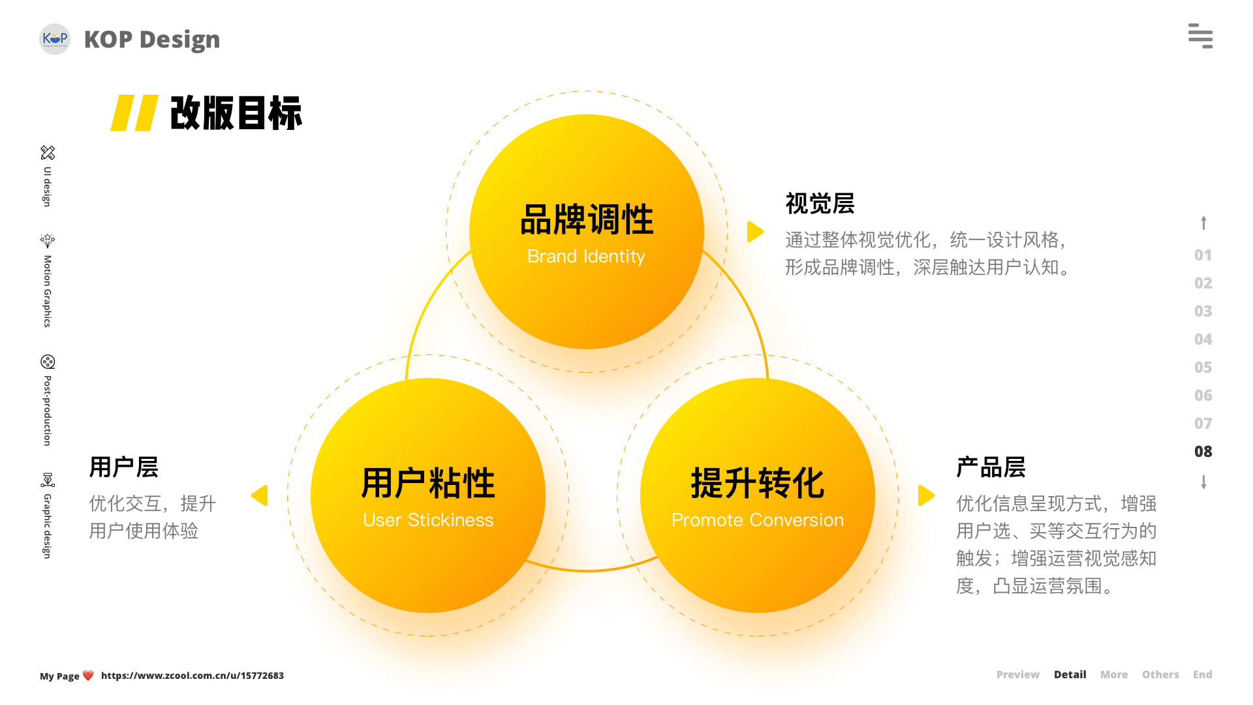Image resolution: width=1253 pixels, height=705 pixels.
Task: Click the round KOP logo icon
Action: [55, 39]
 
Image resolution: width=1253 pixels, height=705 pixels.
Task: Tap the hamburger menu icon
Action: [1200, 36]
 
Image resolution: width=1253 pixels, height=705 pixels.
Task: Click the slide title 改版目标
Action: [236, 113]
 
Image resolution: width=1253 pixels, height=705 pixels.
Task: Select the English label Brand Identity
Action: [586, 257]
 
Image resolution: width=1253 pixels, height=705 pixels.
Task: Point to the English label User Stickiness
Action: [428, 520]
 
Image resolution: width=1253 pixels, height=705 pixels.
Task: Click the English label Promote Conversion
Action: [757, 520]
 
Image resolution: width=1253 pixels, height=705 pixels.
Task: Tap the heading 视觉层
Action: [820, 204]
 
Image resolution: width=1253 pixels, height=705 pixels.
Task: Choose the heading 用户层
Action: [124, 467]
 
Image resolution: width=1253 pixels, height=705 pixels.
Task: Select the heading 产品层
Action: [991, 467]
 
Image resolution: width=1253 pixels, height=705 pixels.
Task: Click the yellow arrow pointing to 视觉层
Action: [755, 232]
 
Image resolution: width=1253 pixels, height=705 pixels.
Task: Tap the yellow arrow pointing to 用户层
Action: [260, 495]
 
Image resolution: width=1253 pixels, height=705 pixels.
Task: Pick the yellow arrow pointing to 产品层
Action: [926, 495]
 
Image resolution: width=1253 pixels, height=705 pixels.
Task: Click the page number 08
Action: [1203, 452]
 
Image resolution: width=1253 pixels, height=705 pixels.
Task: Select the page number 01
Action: [1203, 255]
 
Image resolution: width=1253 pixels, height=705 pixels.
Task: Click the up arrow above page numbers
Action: [1203, 223]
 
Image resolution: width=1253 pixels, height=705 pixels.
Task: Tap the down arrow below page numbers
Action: [1203, 482]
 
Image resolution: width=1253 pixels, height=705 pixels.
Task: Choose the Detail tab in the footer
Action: [1070, 674]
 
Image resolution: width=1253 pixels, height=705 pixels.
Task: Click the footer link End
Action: [1202, 674]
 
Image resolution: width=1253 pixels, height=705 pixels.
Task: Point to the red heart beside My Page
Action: [88, 676]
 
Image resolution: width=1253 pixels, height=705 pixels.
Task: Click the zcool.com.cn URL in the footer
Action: [193, 676]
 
